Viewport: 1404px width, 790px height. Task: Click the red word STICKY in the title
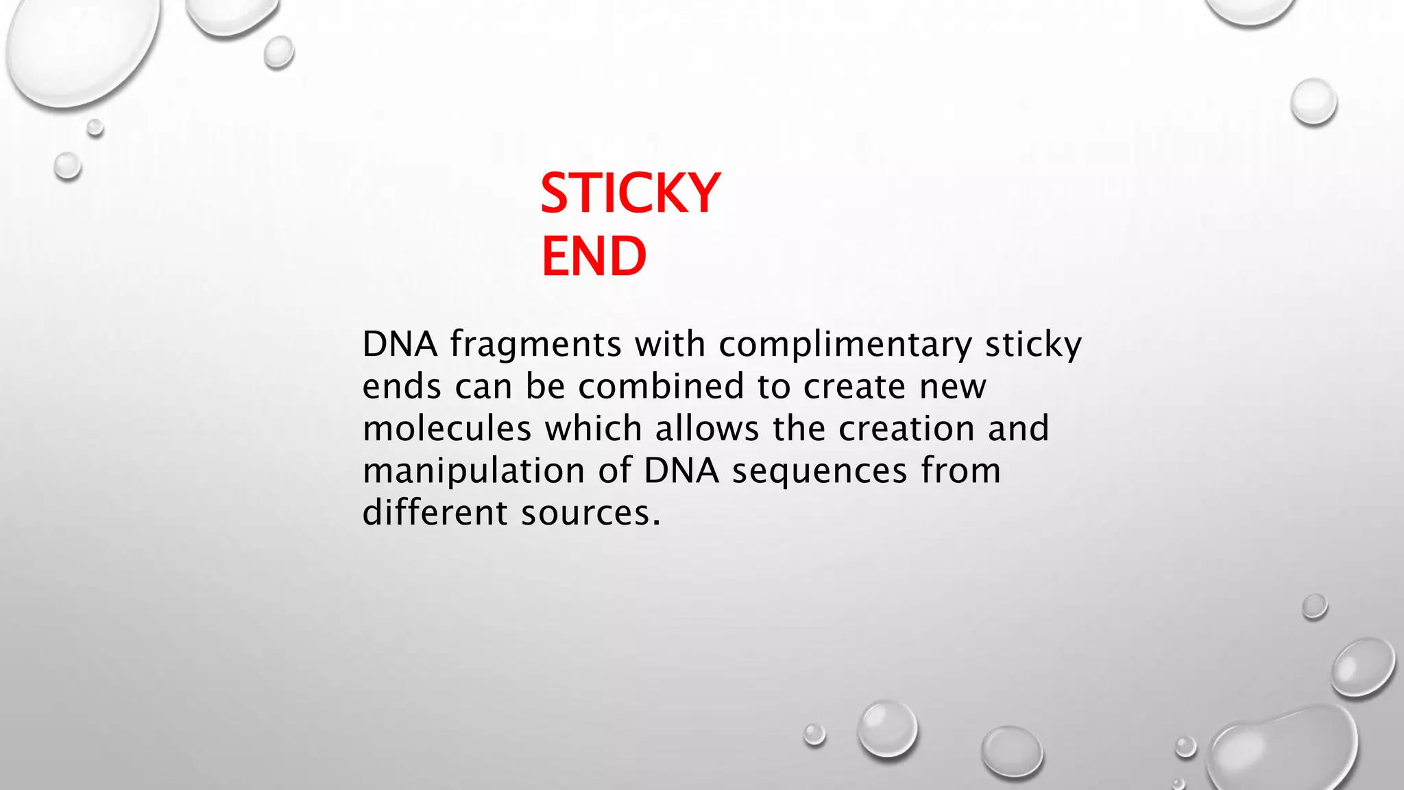pos(630,193)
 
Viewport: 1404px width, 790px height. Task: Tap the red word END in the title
pos(594,256)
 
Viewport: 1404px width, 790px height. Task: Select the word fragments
pos(536,345)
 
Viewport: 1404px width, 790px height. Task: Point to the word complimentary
pos(845,345)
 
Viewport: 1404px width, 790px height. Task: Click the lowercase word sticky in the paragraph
pos(1033,345)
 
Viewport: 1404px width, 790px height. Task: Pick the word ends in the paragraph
pos(402,387)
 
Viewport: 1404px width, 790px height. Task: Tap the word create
pos(855,387)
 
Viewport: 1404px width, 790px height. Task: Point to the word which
pos(593,429)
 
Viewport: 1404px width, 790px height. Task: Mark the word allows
pos(707,429)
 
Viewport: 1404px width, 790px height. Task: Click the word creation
pos(906,429)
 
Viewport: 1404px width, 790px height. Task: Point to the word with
pos(670,344)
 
